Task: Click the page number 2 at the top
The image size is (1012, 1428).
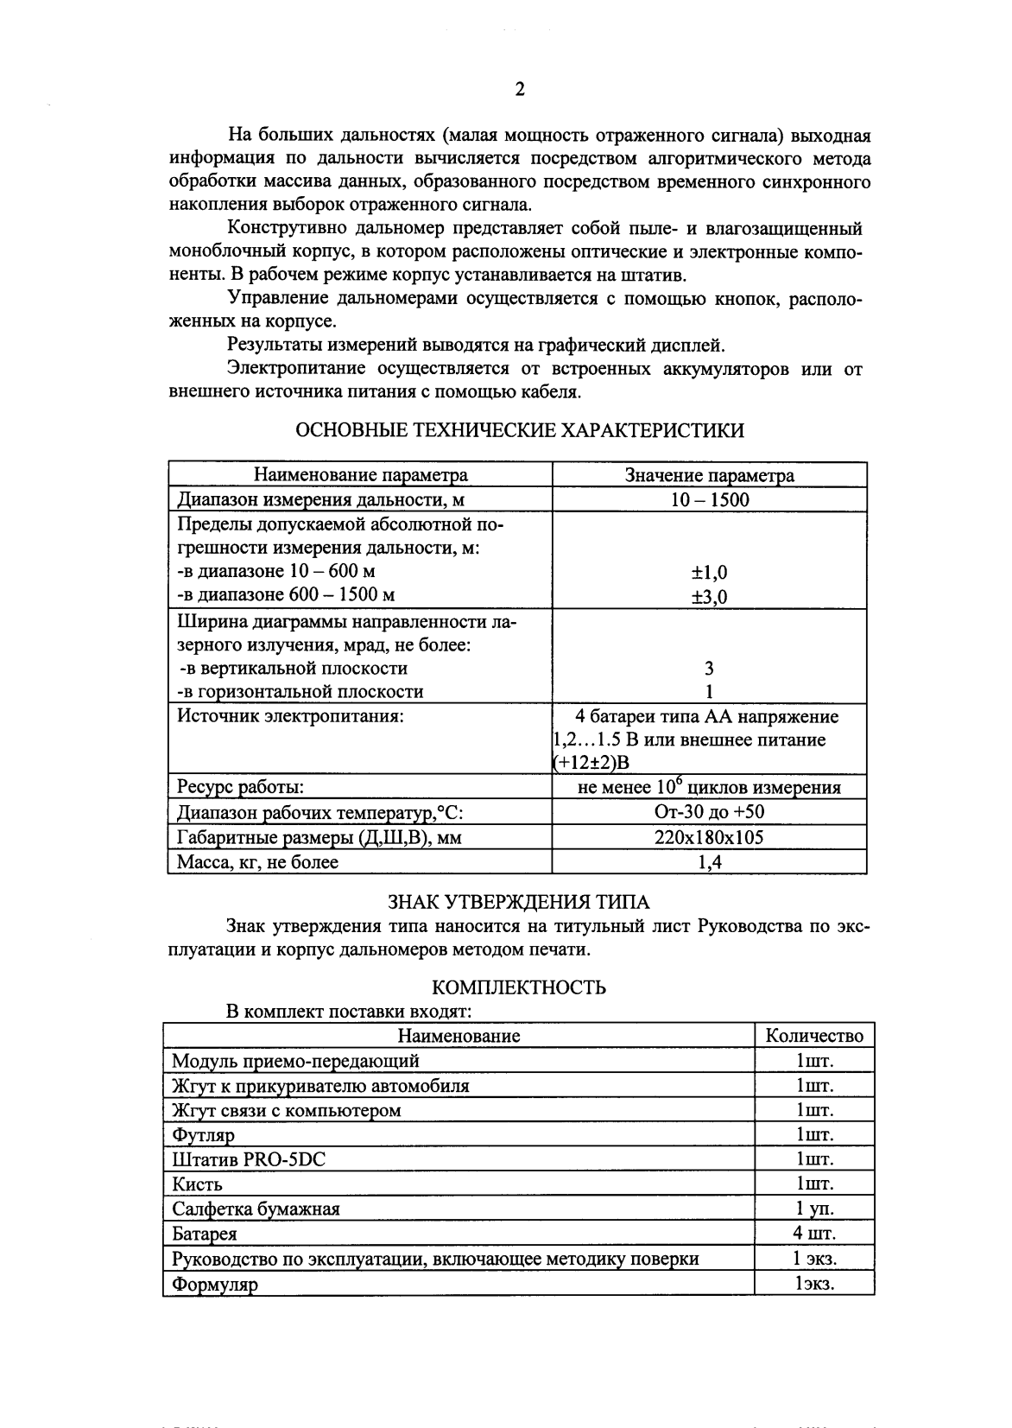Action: point(519,90)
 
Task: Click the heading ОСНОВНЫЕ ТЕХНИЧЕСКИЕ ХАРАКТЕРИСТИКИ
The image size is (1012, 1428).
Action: point(519,430)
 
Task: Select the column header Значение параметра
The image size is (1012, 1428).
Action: point(709,475)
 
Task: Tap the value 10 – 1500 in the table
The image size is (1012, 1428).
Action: point(709,499)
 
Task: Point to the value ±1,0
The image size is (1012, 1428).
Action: point(709,572)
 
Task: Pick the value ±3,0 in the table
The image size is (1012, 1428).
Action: point(709,596)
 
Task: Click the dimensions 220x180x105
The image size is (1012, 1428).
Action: point(709,837)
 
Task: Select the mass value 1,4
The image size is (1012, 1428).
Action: point(709,862)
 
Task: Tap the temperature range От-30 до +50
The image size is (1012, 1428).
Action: point(709,812)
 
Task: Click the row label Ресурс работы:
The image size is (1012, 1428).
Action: point(240,787)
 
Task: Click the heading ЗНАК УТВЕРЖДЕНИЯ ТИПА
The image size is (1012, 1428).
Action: point(518,902)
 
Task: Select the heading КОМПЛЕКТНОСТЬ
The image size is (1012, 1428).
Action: point(518,987)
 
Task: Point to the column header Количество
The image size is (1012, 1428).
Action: point(814,1036)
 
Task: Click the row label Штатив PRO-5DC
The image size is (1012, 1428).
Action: point(249,1159)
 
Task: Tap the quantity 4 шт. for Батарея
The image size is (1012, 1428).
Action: point(814,1233)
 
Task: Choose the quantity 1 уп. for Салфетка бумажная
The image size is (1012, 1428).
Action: point(814,1209)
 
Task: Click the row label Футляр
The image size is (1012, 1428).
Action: point(203,1135)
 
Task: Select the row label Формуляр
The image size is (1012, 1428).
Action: point(215,1285)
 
